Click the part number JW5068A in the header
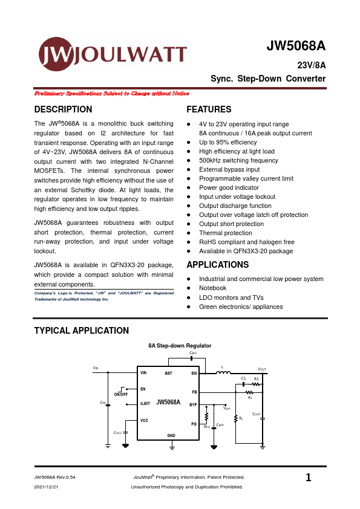296,47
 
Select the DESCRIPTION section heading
64,109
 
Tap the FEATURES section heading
209,109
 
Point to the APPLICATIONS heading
218,265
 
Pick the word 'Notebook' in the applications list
212,288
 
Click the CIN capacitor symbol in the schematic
108,404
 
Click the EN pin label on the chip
143,389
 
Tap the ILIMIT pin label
145,403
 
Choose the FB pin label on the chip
194,393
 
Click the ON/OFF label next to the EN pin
120,395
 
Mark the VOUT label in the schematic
262,369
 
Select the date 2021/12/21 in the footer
47,487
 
